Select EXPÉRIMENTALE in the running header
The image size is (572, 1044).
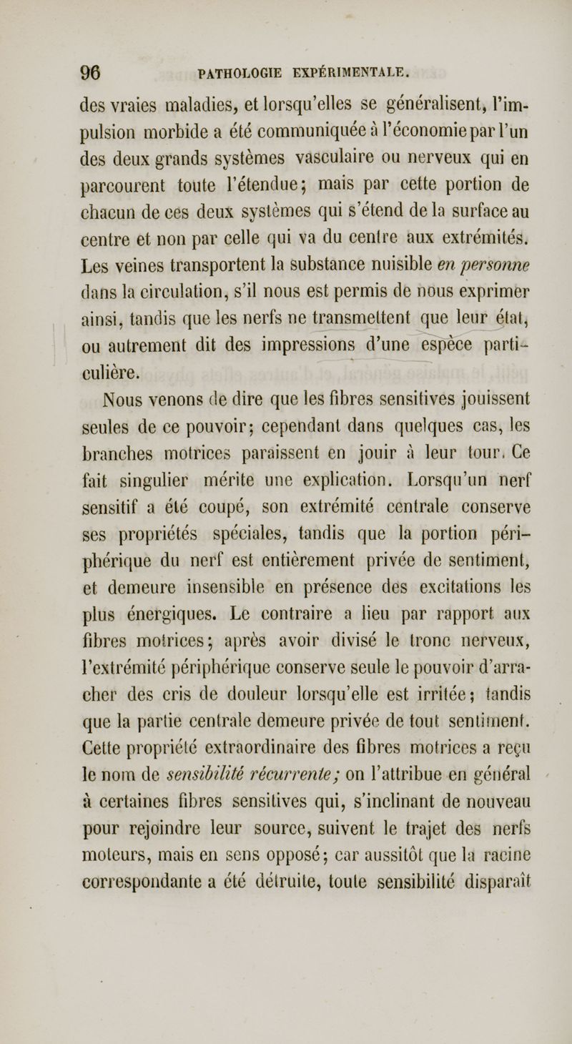tap(347, 73)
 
